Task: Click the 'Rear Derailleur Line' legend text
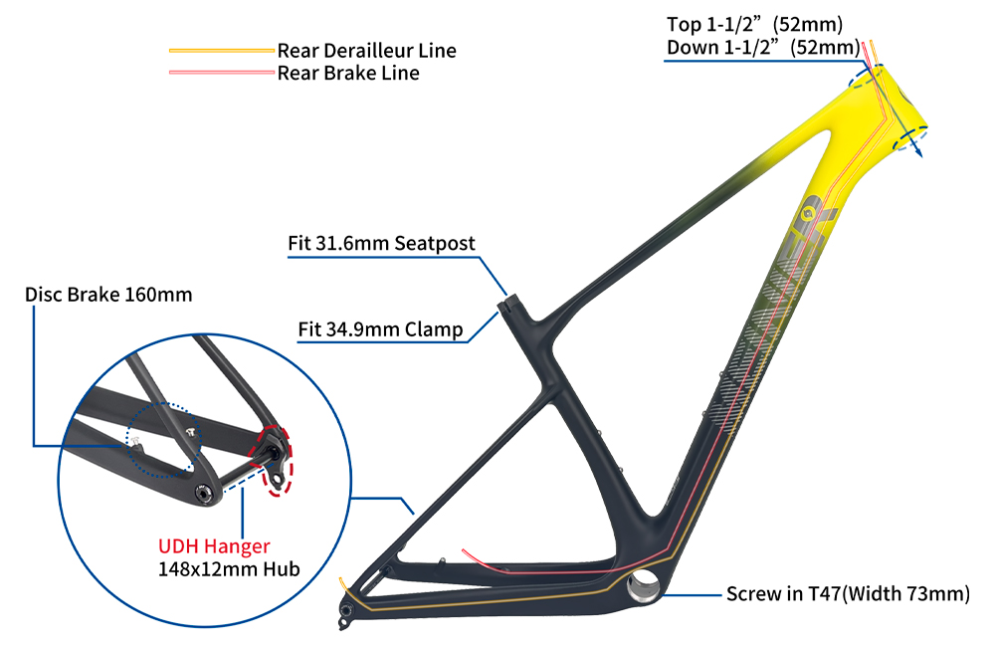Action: [x=366, y=50]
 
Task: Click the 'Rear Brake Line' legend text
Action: [x=348, y=73]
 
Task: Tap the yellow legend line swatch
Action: [x=221, y=50]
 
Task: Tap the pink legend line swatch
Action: [x=221, y=73]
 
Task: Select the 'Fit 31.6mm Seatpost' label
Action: [x=381, y=243]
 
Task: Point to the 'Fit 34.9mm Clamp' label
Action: [x=380, y=329]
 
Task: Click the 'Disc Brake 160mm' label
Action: [x=108, y=295]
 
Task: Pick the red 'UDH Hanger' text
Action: [x=214, y=546]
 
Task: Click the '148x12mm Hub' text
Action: [x=229, y=569]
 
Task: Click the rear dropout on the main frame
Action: [x=346, y=610]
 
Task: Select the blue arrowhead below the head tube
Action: [x=916, y=151]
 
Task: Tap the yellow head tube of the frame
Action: [x=891, y=109]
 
